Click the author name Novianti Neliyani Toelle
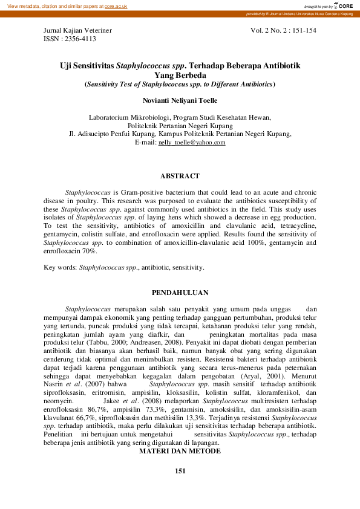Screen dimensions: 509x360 pos(180,100)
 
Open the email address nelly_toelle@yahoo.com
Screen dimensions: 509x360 pos(192,143)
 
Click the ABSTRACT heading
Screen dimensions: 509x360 pos(180,176)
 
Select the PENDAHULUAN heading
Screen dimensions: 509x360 pos(180,292)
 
